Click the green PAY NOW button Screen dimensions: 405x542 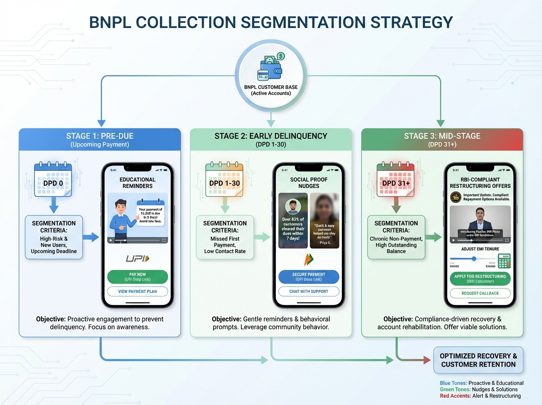(x=137, y=277)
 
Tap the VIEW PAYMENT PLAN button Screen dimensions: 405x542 (x=137, y=292)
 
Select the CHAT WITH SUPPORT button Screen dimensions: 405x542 (x=308, y=292)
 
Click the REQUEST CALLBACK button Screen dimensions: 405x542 (x=480, y=293)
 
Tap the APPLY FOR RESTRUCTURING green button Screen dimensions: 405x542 (x=480, y=278)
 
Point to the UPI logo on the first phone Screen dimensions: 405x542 (x=137, y=259)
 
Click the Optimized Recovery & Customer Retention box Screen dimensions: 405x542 (x=478, y=360)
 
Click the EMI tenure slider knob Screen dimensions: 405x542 (x=474, y=259)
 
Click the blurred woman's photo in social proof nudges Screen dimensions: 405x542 (x=324, y=220)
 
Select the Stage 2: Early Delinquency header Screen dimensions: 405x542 (x=271, y=139)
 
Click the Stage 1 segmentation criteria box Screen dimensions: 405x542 (x=54, y=237)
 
